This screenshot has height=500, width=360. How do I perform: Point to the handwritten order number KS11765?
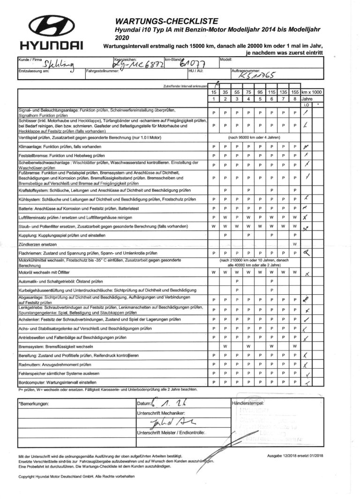coord(257,75)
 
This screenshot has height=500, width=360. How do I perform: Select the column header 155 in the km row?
coord(294,93)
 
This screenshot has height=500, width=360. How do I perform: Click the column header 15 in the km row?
coord(213,93)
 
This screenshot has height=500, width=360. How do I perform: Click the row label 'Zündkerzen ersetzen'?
coord(35,245)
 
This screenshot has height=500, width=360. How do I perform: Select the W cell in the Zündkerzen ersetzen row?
coord(294,245)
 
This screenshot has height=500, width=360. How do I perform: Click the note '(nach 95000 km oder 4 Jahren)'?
coord(254,138)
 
